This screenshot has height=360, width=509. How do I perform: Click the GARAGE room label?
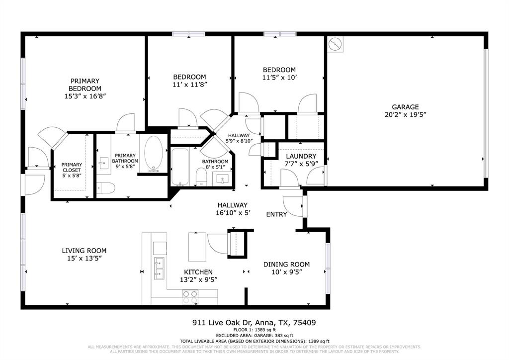coord(405,107)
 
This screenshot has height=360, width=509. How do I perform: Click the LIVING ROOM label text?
coord(84,251)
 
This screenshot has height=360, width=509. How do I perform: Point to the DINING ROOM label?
coord(286,264)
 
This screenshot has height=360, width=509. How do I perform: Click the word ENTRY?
coord(276,214)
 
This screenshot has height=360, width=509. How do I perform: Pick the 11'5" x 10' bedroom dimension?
coord(279,78)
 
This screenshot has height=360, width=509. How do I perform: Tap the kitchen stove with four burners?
coord(190,297)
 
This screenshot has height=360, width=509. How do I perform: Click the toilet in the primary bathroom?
coord(106,188)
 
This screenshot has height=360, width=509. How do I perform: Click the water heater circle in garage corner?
coord(336,44)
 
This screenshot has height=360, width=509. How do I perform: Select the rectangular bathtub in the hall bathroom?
coord(179,166)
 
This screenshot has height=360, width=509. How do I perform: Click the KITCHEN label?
coord(198,272)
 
